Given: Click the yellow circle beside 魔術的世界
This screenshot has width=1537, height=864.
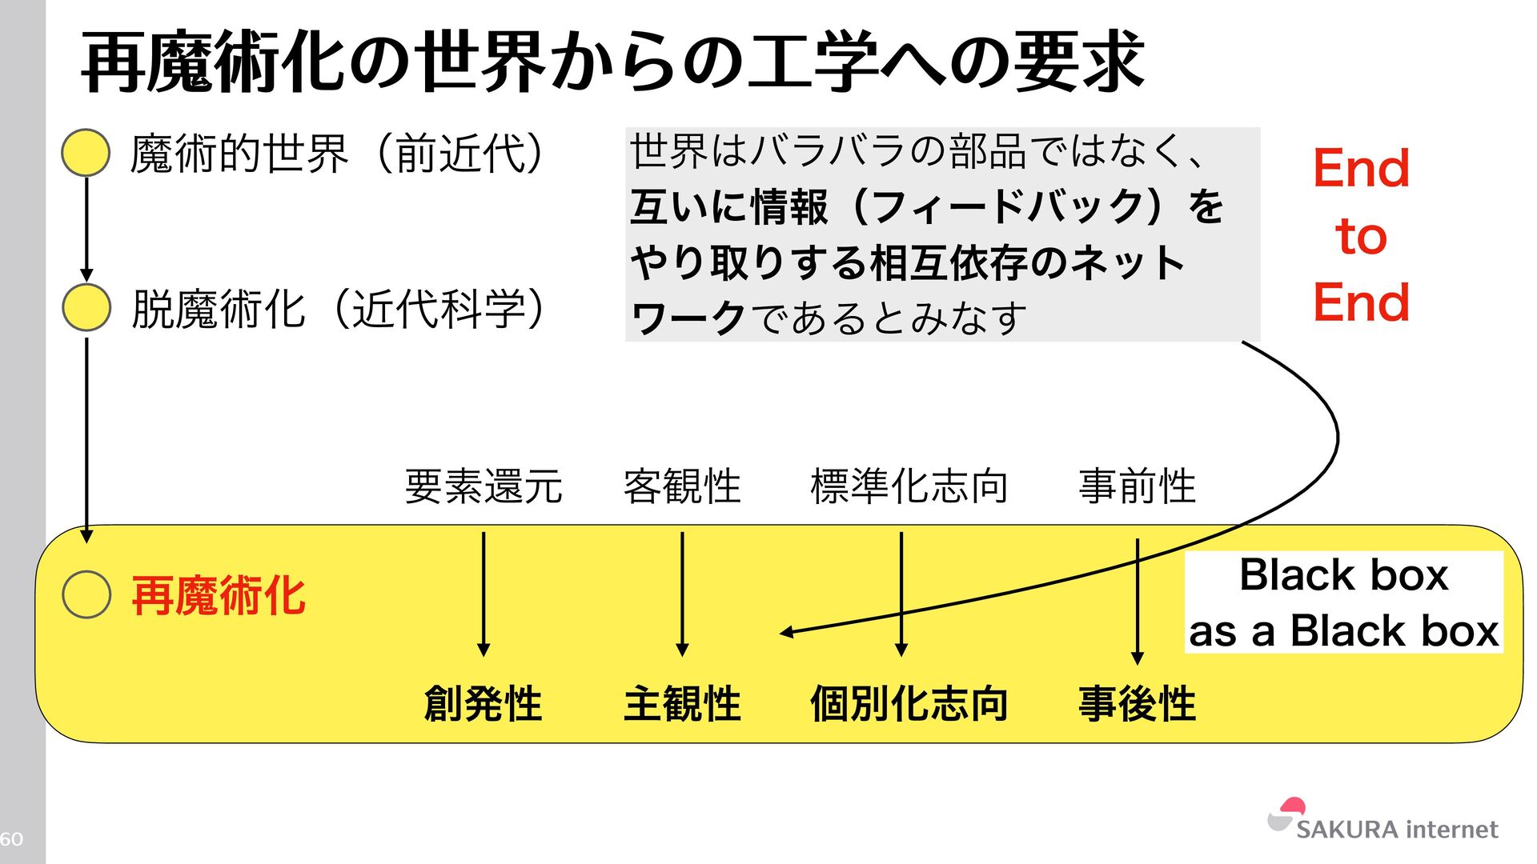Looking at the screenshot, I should [86, 153].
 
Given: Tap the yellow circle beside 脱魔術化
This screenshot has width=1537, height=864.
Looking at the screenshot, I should [86, 308].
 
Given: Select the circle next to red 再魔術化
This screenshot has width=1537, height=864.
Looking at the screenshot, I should [86, 594].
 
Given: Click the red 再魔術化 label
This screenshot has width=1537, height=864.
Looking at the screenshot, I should [219, 596].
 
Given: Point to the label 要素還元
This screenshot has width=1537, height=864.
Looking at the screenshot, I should [484, 486].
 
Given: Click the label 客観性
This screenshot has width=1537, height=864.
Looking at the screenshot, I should [682, 486].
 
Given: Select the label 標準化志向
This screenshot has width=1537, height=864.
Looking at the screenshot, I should [909, 486].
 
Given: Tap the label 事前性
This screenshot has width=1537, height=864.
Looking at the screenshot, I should [1137, 486].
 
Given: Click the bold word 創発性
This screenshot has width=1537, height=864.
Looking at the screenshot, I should [483, 704].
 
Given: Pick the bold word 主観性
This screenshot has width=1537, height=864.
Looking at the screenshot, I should [682, 704].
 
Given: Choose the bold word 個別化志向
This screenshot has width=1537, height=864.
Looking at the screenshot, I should [909, 704].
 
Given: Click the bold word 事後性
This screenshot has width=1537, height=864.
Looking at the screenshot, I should [1137, 704].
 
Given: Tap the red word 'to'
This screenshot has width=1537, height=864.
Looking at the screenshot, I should [1361, 236].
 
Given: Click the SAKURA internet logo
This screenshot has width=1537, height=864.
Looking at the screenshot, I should [1382, 821].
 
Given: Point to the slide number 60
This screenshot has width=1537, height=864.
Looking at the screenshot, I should [11, 838].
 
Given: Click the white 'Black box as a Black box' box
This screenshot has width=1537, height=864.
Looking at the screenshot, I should [1343, 602].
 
